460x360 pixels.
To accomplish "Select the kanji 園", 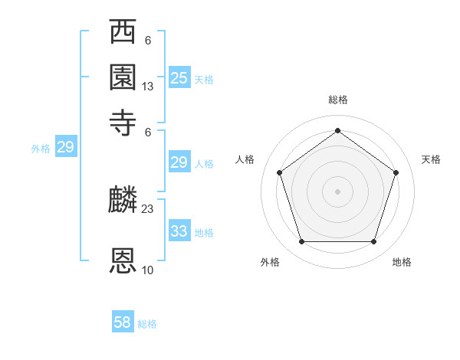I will pos(123,77).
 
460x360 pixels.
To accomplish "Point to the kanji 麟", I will pos(123,201).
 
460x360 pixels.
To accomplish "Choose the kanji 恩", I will pos(123,261).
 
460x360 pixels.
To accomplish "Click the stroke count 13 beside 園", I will pos(147,87).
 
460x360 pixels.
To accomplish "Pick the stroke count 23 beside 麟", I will pos(147,208).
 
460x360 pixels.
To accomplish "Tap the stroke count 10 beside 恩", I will pos(147,270).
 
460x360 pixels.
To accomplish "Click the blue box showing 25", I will pos(179,77).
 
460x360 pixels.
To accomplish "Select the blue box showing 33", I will pos(179,231).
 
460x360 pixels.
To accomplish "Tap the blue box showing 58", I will pos(123,322).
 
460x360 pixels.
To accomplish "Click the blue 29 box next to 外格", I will pos(65,147).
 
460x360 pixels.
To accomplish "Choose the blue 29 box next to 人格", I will pos(179,162).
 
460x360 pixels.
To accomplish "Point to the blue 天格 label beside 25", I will pos(204,79).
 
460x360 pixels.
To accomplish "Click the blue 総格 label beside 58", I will pos(147,324).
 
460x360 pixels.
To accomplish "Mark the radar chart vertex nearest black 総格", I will pos(337,130).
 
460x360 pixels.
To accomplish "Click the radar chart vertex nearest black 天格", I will pos(396,172).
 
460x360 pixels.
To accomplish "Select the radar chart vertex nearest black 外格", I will pos(301,242).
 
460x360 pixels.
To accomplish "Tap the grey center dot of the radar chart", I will pos(337,191).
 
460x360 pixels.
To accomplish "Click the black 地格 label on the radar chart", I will pos(402,262).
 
